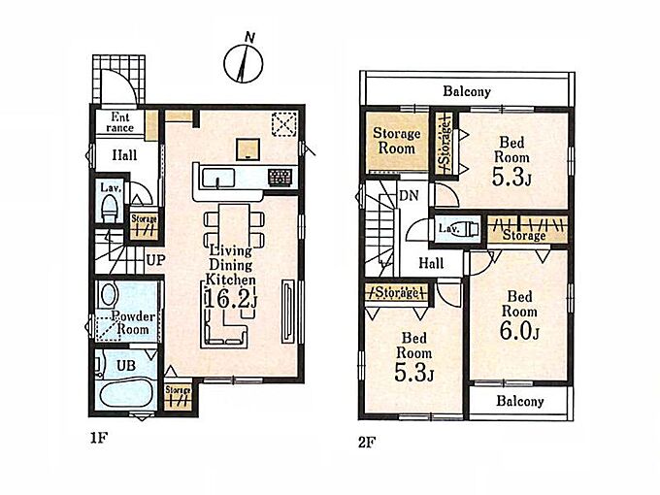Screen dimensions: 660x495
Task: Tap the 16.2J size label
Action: (x=231, y=298)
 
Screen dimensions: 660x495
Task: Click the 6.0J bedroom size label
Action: (x=519, y=330)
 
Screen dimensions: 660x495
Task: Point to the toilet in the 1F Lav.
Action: (x=110, y=210)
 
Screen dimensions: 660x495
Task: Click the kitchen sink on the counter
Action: (x=218, y=178)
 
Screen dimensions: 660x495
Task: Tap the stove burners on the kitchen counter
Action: (x=280, y=178)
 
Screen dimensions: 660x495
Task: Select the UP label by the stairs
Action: (x=155, y=260)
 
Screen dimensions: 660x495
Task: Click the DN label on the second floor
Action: (x=409, y=195)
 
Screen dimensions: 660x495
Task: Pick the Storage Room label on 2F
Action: (x=397, y=141)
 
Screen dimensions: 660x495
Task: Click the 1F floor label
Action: (x=99, y=438)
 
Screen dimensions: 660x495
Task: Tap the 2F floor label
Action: (x=367, y=443)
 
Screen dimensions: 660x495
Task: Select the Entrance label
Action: (x=120, y=122)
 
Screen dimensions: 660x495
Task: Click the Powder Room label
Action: (x=133, y=323)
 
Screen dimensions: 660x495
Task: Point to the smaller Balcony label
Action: (x=520, y=401)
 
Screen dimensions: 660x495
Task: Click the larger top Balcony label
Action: (x=467, y=91)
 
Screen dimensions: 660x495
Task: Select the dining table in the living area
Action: (x=234, y=227)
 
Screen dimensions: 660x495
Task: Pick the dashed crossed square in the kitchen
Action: (x=284, y=124)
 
